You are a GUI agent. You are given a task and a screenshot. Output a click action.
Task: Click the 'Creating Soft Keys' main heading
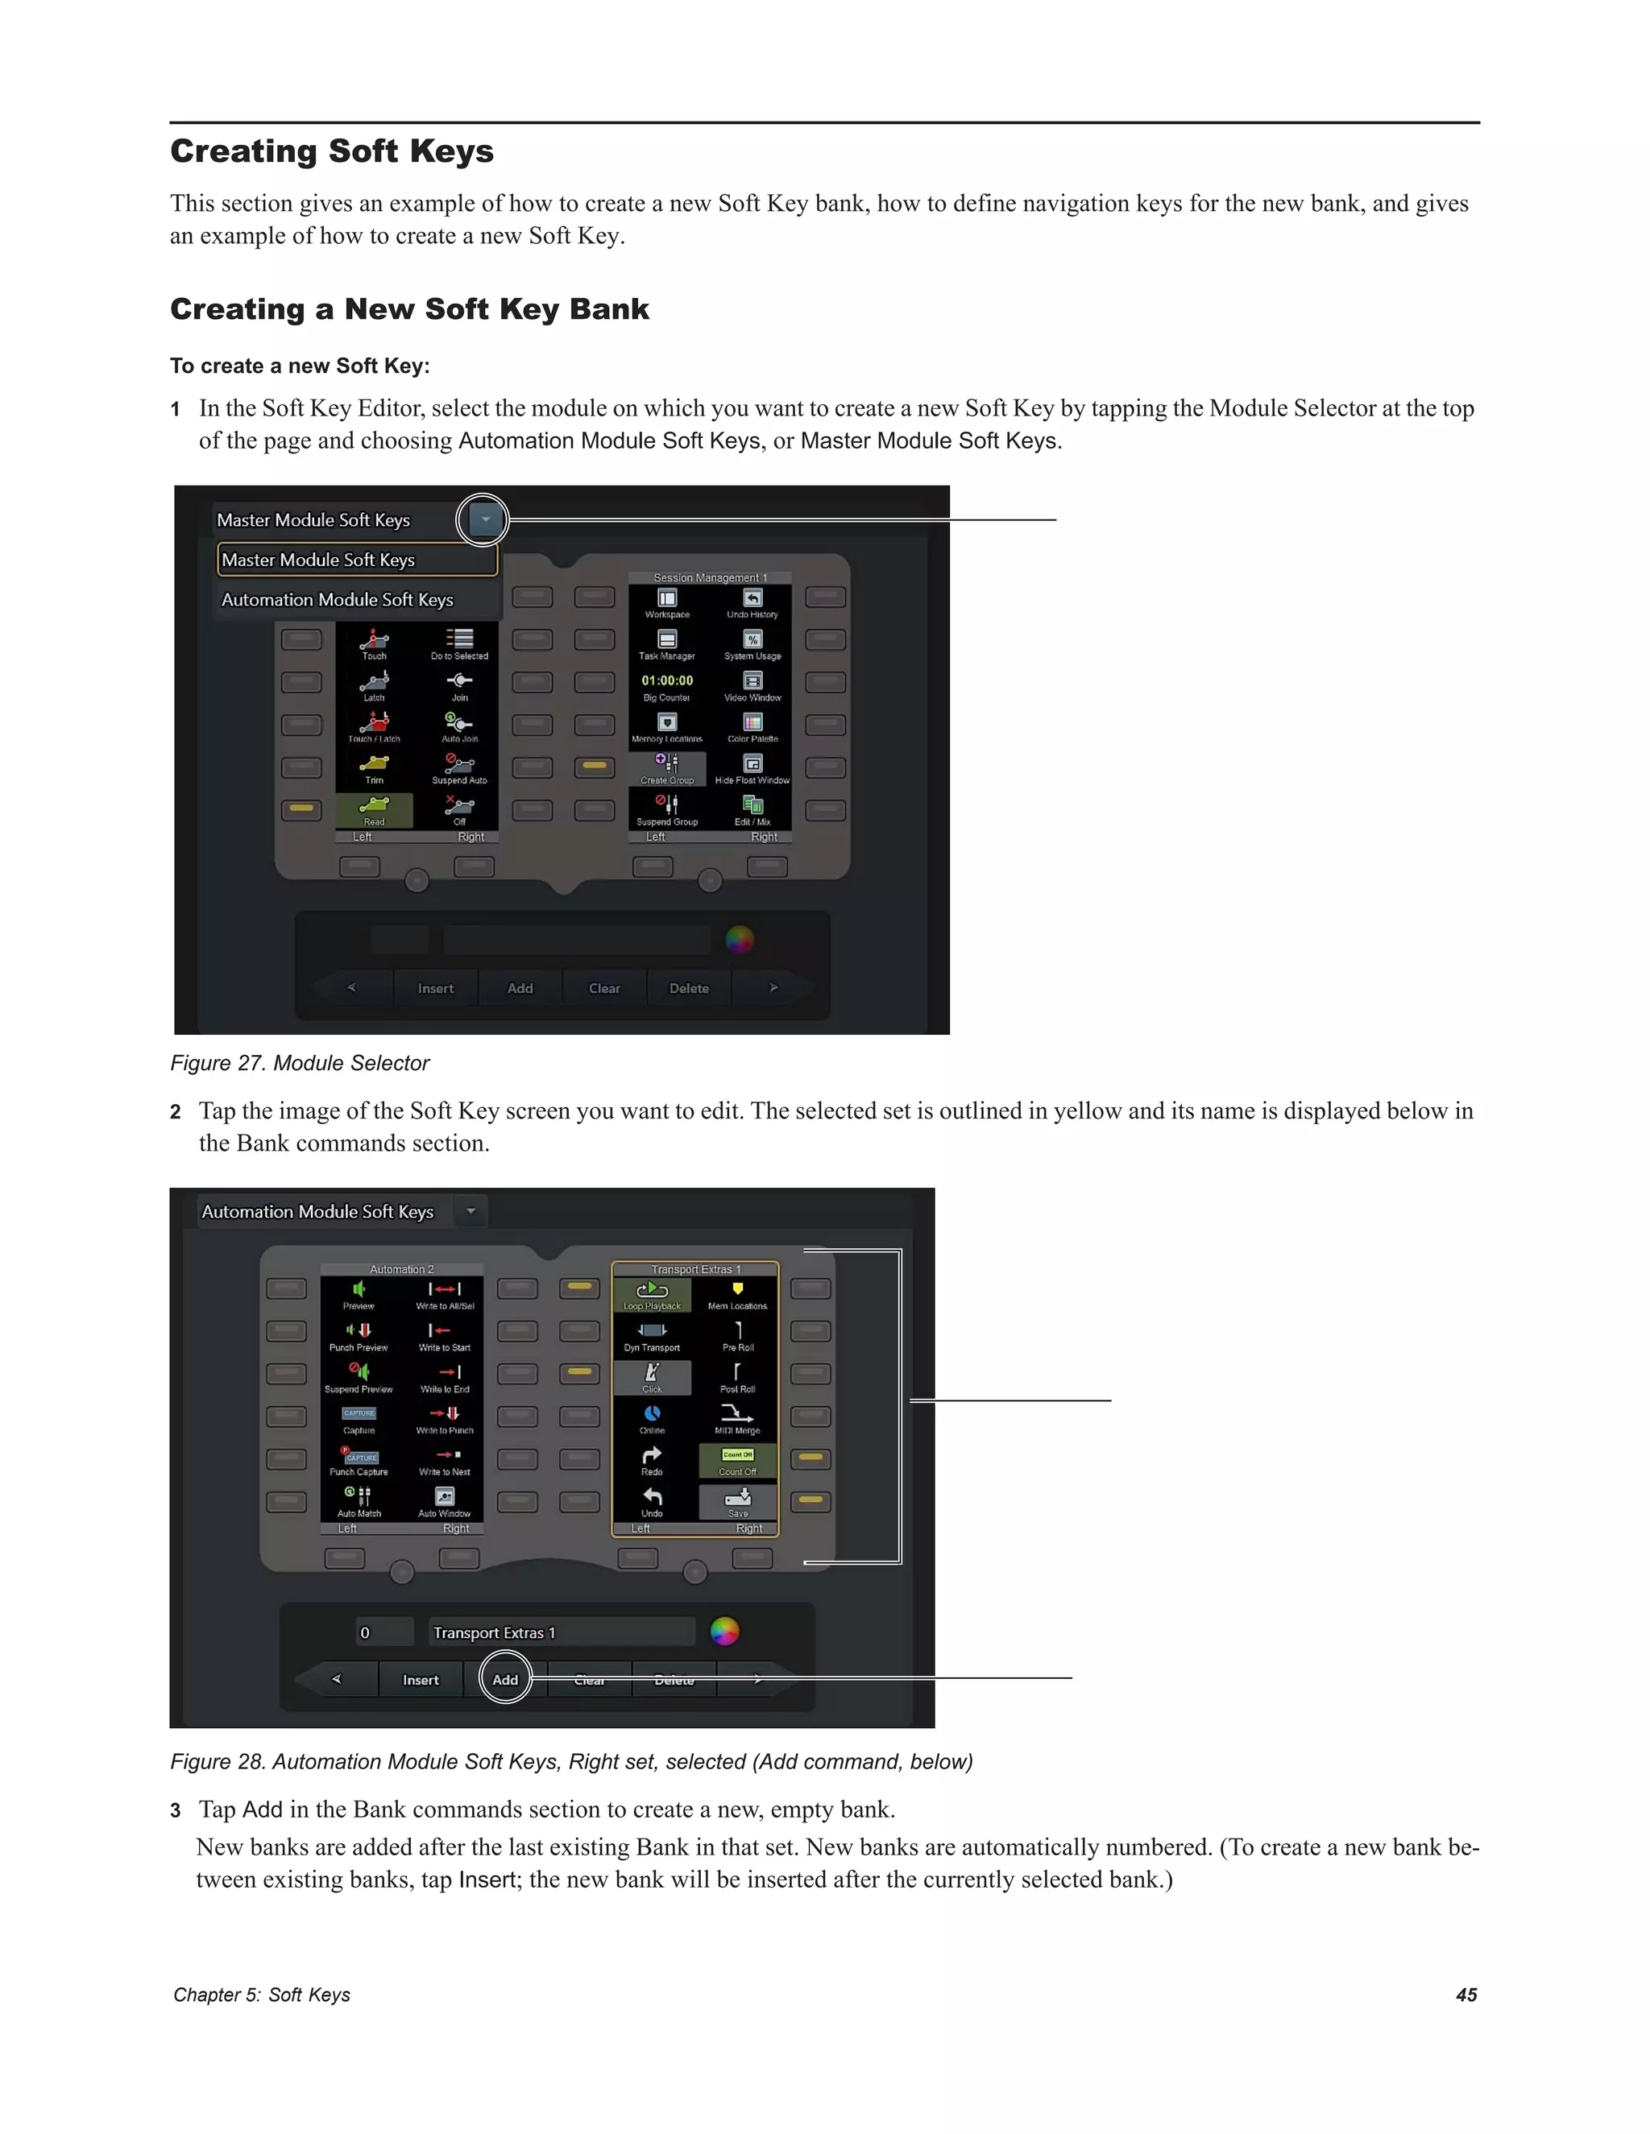[331, 151]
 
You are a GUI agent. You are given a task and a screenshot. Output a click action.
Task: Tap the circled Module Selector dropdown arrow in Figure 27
[484, 520]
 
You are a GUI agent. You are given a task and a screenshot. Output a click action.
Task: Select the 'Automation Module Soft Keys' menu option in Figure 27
[338, 600]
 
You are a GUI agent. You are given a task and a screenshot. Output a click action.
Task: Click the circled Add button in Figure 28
[505, 1680]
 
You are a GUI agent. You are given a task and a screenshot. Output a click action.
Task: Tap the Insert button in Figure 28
[421, 1680]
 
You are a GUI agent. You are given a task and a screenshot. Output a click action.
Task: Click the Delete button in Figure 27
[688, 988]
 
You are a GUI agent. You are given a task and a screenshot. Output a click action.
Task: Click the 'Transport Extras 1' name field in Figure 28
[561, 1633]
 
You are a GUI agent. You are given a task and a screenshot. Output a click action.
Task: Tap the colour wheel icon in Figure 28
[724, 1631]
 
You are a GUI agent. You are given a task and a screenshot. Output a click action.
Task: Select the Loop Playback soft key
[652, 1296]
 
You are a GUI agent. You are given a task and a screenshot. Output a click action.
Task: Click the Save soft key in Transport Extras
[738, 1502]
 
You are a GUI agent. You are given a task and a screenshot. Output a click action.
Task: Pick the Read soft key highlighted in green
[375, 810]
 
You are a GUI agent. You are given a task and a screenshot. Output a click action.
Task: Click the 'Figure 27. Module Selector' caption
[299, 1063]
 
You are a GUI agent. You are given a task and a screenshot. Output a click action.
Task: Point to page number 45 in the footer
[1466, 1995]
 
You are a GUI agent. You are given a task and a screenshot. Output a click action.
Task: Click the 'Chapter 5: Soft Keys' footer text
[261, 1995]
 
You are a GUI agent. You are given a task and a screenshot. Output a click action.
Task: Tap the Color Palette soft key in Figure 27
[752, 727]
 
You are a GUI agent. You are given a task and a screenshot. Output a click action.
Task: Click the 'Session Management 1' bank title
[710, 577]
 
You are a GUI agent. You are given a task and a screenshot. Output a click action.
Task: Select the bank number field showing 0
[384, 1633]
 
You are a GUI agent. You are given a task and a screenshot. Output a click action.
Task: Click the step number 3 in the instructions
[176, 1810]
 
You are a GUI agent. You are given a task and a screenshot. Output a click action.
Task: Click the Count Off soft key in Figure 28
[738, 1460]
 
